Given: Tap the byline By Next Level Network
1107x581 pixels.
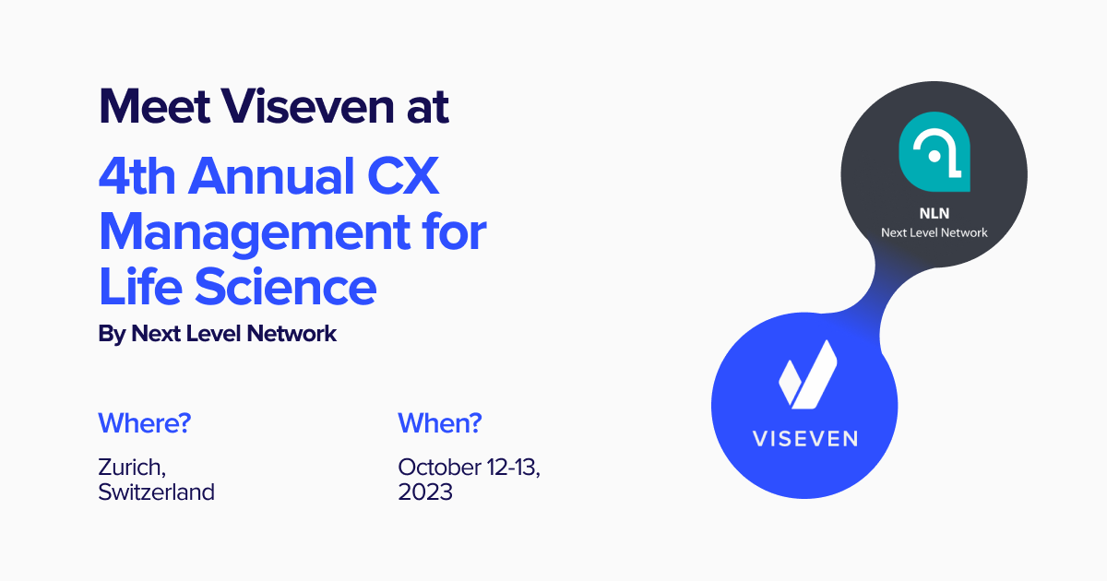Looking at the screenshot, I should (x=218, y=334).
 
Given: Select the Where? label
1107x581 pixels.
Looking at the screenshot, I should (x=145, y=424).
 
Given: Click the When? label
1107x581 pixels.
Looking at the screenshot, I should (x=440, y=424).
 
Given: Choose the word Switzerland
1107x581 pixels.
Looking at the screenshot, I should (x=156, y=492).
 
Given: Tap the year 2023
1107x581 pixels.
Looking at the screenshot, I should (x=425, y=492).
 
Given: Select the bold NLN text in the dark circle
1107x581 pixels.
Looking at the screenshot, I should (x=934, y=213).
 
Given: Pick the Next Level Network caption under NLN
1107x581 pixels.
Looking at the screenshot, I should (x=934, y=232).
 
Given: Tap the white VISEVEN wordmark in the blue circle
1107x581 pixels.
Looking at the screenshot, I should (x=804, y=438).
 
